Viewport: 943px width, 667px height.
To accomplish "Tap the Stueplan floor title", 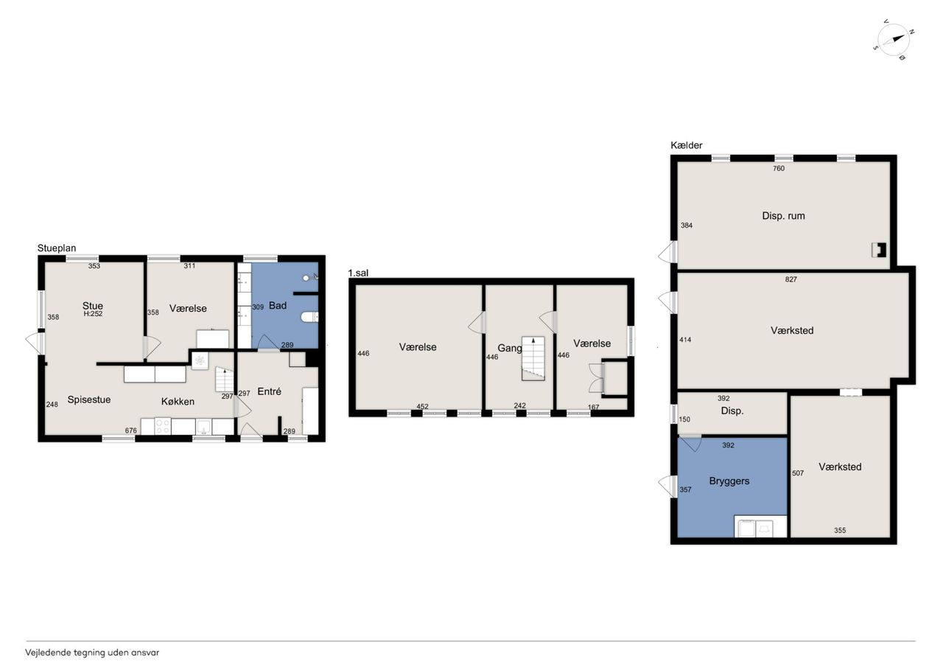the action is pos(57,248).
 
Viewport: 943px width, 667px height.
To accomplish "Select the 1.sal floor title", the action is pos(358,273).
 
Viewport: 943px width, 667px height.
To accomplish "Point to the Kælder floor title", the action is pos(686,145).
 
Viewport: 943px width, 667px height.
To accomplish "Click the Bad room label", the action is pos(278,305).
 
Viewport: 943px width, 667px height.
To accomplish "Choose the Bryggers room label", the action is pos(729,481).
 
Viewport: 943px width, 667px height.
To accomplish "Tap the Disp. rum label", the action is pos(783,216).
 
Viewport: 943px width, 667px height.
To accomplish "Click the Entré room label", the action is pos(270,391).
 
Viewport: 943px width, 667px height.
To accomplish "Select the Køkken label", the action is pos(178,402).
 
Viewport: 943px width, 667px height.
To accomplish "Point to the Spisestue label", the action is pos(89,399).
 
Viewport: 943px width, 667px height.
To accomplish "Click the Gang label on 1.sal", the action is pos(510,348).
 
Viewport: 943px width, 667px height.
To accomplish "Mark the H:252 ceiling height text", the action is pos(93,314).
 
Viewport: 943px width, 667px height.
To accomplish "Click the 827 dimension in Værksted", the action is pos(791,279).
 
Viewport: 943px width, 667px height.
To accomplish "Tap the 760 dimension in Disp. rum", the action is pos(779,169).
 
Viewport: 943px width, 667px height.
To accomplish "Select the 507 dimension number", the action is pos(798,473).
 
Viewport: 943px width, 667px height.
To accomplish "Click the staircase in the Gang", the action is pos(533,358).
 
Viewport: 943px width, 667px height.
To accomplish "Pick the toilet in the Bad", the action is pos(310,317).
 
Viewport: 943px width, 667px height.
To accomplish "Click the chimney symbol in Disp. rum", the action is pos(879,250).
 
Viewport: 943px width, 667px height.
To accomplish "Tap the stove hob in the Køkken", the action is pos(163,426).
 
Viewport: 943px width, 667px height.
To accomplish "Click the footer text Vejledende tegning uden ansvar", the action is pos(92,653).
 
